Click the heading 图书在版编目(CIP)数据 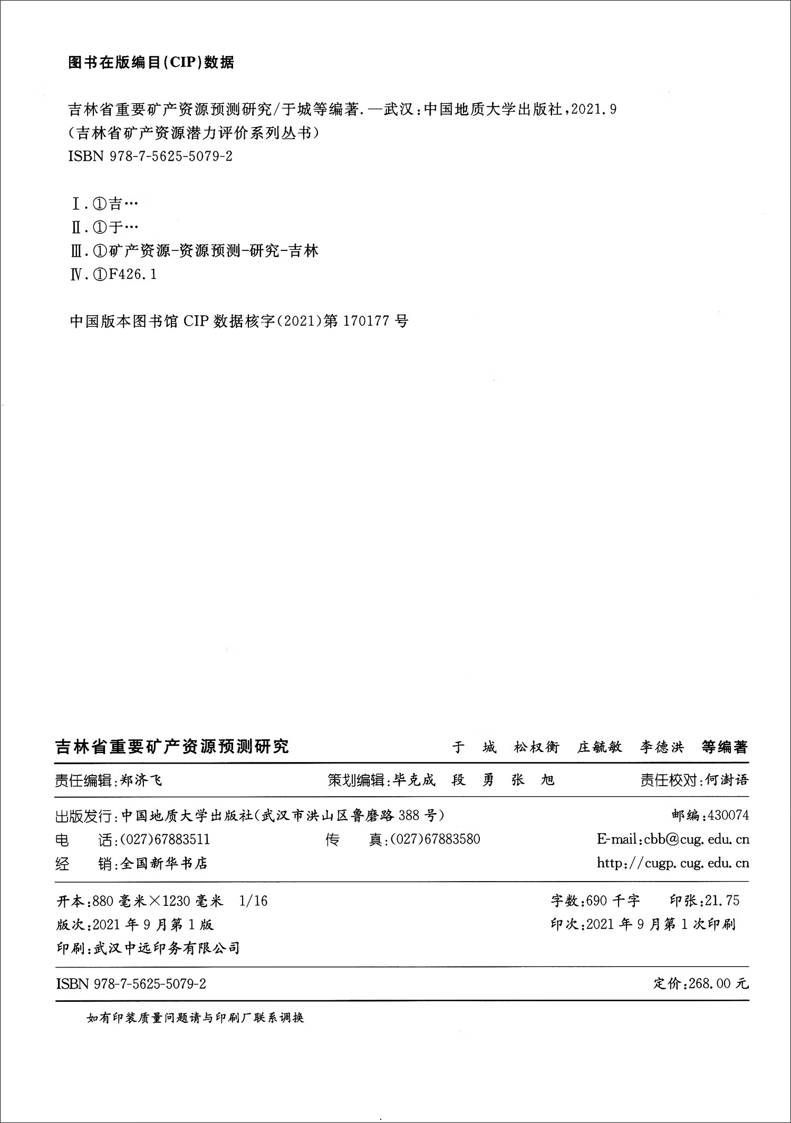coord(151,63)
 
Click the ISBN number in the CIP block coord(150,157)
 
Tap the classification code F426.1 coord(132,275)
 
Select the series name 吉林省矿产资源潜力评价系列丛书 coord(195,133)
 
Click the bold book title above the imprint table coord(172,747)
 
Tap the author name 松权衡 coord(536,747)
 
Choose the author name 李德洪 coord(662,747)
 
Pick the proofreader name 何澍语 coord(727,780)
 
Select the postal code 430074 coord(728,815)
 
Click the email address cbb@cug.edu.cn coord(696,839)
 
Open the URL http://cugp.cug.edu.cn coord(673,863)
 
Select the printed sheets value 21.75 coord(722,901)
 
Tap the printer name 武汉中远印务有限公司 coord(167,949)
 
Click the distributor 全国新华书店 coord(164,863)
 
